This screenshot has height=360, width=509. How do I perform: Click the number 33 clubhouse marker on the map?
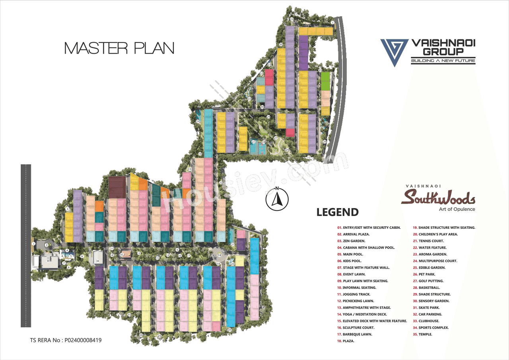point(48,261)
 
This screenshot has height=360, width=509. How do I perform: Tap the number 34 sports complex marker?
point(97,261)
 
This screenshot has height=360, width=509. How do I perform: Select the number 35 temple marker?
point(122,255)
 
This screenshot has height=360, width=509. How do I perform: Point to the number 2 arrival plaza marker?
point(47,245)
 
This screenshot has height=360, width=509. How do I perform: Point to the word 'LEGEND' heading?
point(338,212)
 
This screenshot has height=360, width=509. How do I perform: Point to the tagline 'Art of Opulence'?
point(457,209)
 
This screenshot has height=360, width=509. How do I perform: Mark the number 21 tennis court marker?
point(253,141)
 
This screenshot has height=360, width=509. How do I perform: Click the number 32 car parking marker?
point(291,19)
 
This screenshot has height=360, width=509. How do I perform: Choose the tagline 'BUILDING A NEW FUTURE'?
point(443,61)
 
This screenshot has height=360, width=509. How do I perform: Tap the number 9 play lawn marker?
point(82,257)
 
